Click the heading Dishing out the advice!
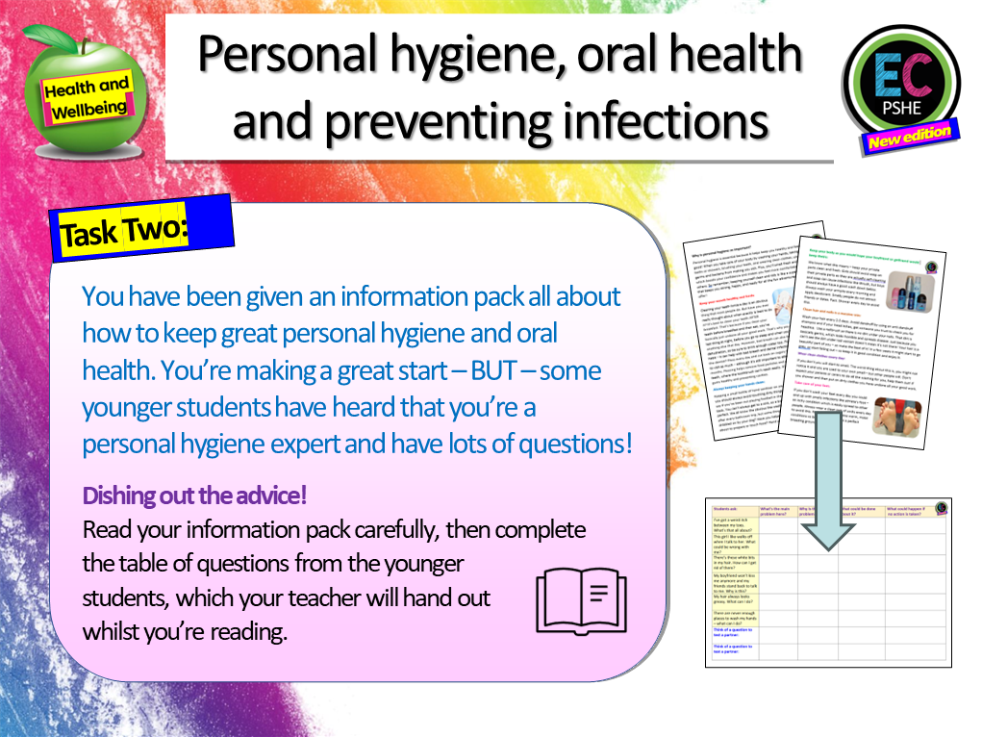(195, 496)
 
